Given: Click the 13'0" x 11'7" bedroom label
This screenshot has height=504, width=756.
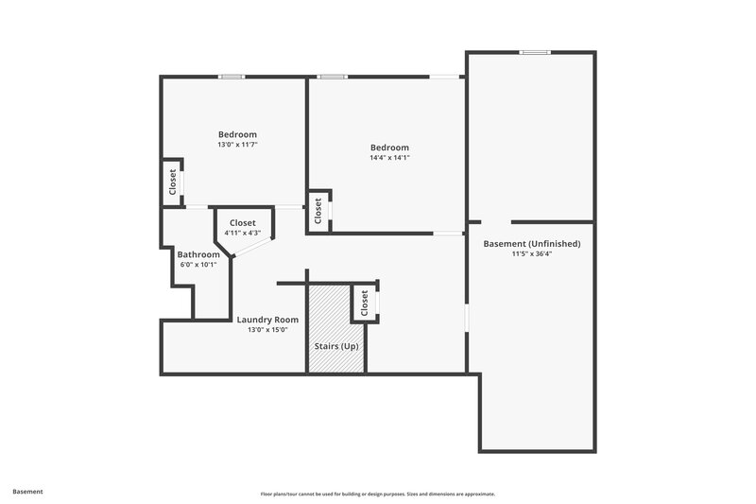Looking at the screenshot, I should [237, 134].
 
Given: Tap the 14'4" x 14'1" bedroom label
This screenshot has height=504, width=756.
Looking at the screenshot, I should [389, 148].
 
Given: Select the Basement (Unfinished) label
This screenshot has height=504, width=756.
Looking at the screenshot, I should [531, 244].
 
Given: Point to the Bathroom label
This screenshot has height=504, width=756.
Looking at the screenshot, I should [198, 254].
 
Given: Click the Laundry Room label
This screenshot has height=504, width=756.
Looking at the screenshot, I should [267, 320].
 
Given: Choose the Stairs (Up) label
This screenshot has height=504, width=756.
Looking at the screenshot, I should [335, 347].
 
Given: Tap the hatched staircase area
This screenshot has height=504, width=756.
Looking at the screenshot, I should [335, 317].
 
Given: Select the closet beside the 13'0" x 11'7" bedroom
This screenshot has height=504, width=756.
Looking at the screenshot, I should [172, 182].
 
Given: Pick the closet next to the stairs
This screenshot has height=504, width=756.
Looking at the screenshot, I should [364, 304].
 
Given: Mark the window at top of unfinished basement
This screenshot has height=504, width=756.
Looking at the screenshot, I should [535, 53].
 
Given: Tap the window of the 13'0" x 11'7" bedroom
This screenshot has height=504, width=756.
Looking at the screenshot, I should [232, 77].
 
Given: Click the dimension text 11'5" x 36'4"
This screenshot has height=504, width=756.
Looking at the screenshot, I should [531, 253].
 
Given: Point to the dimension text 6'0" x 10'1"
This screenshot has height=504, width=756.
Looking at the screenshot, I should [198, 265].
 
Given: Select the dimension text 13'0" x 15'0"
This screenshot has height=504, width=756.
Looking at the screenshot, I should [267, 330].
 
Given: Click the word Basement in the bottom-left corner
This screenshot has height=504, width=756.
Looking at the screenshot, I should [27, 492].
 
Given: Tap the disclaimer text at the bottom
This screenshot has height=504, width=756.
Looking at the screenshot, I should [377, 494].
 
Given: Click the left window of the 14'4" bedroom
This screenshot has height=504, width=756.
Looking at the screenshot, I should [331, 77].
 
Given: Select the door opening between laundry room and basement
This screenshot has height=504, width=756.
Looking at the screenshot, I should [466, 317].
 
